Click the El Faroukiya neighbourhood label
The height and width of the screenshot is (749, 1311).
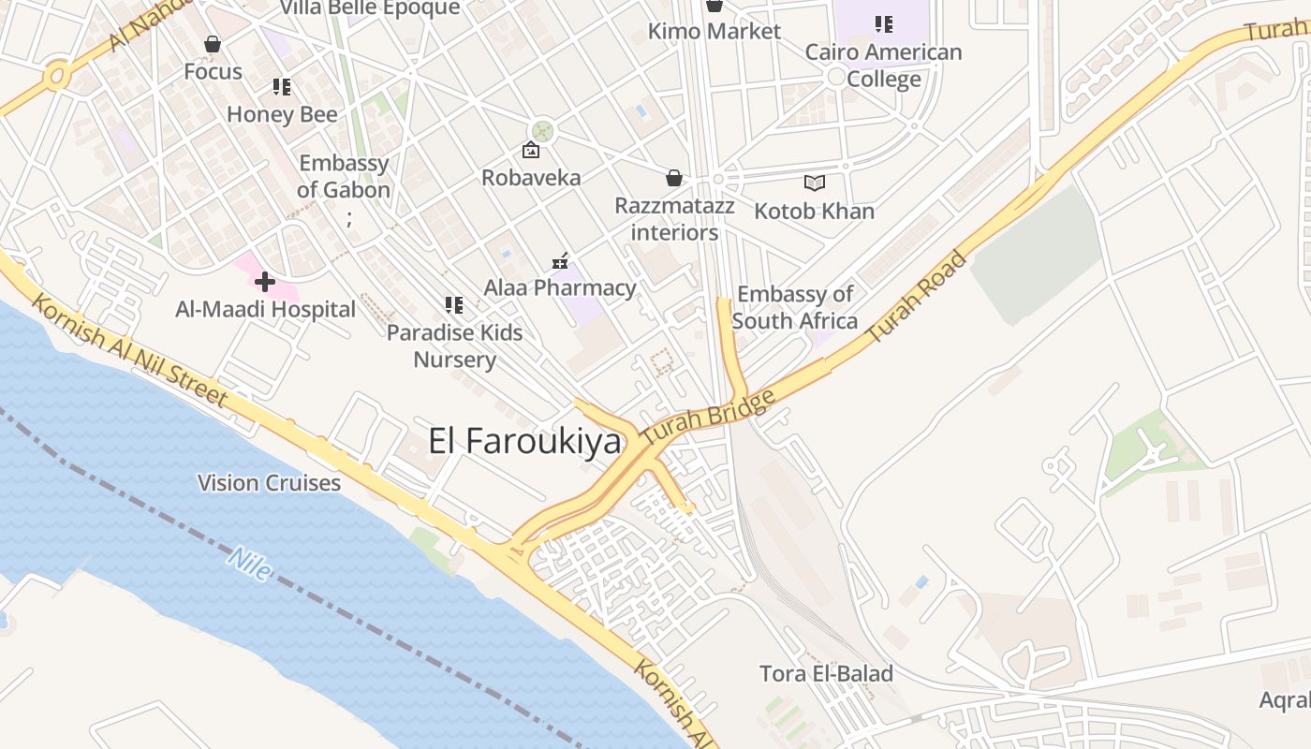(524, 440)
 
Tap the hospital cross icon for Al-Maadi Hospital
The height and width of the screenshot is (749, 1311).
(265, 281)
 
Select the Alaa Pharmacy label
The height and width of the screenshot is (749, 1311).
(560, 287)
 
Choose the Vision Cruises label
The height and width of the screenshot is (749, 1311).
(269, 483)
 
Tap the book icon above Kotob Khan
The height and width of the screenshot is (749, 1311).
(815, 183)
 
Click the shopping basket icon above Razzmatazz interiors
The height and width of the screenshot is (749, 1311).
(673, 178)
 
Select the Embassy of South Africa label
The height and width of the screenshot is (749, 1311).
(795, 307)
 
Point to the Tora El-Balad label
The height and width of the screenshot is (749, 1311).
(826, 673)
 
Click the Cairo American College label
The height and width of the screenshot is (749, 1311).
(883, 65)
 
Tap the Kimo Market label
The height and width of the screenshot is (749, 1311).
(714, 31)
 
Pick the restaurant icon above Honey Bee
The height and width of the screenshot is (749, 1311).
(282, 87)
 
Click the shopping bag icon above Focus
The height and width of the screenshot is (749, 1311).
(213, 44)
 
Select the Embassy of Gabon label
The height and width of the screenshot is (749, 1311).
(344, 176)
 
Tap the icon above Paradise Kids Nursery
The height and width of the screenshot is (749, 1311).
(454, 304)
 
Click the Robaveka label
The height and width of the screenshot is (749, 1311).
(531, 177)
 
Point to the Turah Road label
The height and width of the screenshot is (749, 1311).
(917, 297)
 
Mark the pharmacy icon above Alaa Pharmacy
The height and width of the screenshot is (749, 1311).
(560, 261)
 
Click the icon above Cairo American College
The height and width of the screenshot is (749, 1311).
(883, 24)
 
